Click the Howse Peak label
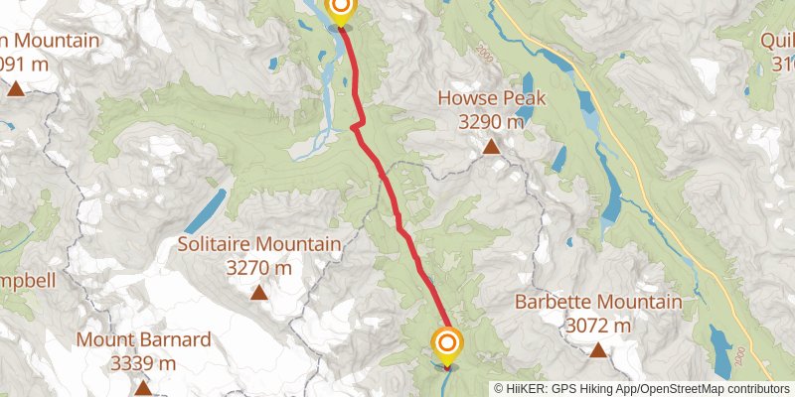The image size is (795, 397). (490, 100)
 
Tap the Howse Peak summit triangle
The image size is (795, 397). (490, 148)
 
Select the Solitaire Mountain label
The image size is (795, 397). (258, 244)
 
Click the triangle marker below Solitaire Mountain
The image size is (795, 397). (258, 292)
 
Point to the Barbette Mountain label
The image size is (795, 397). (597, 303)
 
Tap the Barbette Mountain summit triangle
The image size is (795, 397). (597, 349)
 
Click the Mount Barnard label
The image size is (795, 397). (144, 340)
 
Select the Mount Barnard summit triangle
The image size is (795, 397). (144, 387)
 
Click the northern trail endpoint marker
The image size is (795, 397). (340, 10)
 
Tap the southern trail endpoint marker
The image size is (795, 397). (447, 345)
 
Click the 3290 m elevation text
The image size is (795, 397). (490, 122)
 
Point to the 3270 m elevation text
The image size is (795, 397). (258, 267)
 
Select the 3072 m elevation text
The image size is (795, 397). (597, 325)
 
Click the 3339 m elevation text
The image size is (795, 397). (144, 363)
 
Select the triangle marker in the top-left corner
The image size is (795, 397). (16, 88)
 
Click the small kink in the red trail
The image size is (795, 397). (355, 126)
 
